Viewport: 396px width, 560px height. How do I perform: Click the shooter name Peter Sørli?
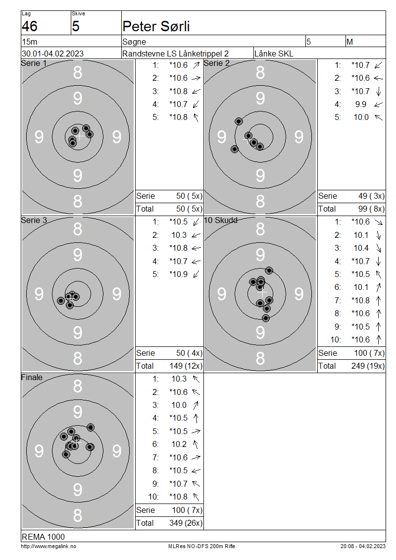(156, 26)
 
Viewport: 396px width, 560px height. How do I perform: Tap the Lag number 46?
(29, 26)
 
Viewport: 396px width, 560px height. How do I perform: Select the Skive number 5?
(76, 26)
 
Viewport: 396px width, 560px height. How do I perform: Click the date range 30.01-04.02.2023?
(53, 54)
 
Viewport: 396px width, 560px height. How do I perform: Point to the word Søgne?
(134, 42)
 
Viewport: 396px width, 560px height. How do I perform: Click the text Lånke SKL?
(274, 54)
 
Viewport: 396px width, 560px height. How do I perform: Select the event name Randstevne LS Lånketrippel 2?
(175, 54)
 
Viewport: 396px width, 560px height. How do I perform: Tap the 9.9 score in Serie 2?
(361, 104)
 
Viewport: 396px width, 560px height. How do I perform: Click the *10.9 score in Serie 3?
(178, 274)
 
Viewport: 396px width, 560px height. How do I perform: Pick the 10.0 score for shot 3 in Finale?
(179, 405)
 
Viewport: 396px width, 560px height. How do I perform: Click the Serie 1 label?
(34, 63)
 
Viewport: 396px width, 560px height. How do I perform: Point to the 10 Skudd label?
(220, 221)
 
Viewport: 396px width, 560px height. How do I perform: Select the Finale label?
(32, 378)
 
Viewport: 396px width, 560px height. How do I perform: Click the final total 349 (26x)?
(186, 523)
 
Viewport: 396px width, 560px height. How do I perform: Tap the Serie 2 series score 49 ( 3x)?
(371, 196)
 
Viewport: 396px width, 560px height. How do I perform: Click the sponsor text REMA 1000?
(43, 537)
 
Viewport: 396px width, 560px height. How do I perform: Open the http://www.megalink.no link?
(49, 547)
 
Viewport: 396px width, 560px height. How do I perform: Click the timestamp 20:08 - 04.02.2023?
(363, 547)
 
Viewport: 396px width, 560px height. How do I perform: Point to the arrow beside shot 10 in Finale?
(196, 497)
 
